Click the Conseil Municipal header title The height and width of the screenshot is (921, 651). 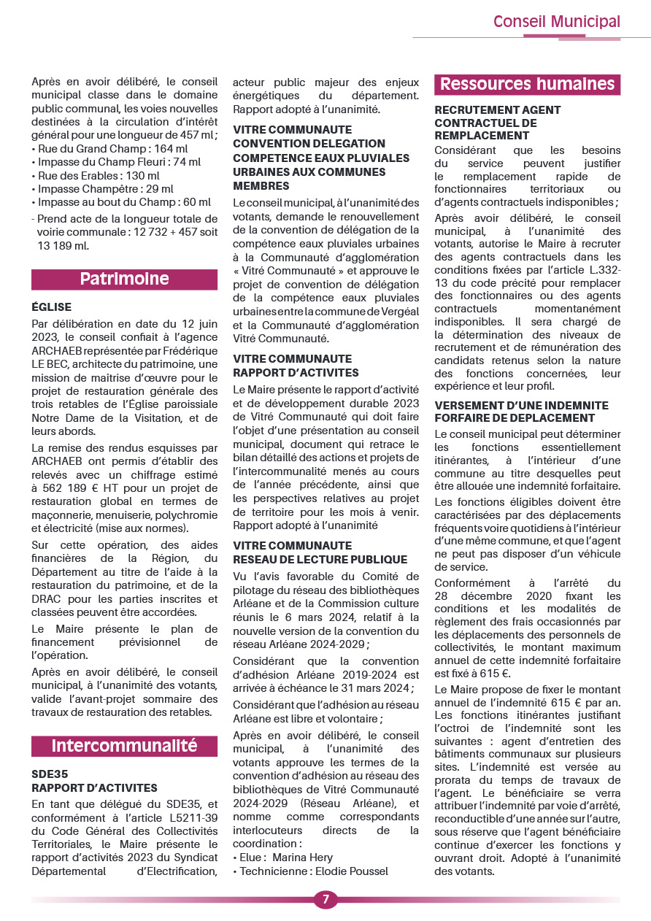pyautogui.click(x=557, y=21)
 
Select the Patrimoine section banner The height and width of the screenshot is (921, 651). pyautogui.click(x=124, y=279)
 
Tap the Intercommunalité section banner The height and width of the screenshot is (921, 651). pyautogui.click(x=124, y=745)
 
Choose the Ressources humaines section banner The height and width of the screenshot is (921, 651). pyautogui.click(x=527, y=84)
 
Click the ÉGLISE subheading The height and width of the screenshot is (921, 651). pyautogui.click(x=52, y=307)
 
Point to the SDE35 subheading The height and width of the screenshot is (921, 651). pyautogui.click(x=50, y=774)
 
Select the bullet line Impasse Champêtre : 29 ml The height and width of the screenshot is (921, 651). pyautogui.click(x=105, y=189)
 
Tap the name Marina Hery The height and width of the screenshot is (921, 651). pyautogui.click(x=302, y=858)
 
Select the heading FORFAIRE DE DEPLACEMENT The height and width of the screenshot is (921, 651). pyautogui.click(x=515, y=418)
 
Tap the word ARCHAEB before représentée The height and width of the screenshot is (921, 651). pyautogui.click(x=61, y=350)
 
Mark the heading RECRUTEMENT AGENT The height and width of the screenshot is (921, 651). pyautogui.click(x=498, y=110)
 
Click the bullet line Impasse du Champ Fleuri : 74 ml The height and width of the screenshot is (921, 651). pyautogui.click(x=119, y=162)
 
